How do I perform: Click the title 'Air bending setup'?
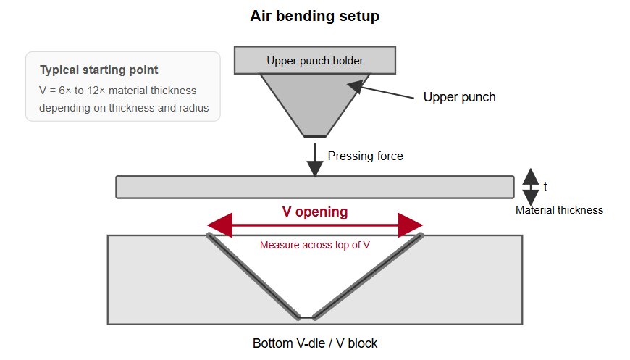point(314,16)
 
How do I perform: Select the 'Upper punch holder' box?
point(315,60)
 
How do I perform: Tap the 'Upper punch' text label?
point(459,97)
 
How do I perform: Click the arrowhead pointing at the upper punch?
point(355,86)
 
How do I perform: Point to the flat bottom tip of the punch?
point(315,135)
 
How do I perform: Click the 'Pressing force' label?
point(365,156)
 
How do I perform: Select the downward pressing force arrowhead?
point(315,169)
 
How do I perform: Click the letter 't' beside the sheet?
point(545,187)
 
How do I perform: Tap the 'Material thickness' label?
point(559,210)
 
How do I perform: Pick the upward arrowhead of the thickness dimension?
point(531,177)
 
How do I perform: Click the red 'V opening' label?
point(315,212)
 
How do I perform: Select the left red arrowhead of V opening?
point(219,225)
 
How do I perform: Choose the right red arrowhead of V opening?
point(410,225)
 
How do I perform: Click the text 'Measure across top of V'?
point(314,245)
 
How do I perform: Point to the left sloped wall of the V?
point(253,277)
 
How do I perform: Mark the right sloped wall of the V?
point(369,277)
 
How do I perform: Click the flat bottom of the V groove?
point(307,318)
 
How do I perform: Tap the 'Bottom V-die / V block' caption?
point(315,343)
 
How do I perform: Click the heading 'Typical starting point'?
point(98,70)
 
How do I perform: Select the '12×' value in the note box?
point(96,91)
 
